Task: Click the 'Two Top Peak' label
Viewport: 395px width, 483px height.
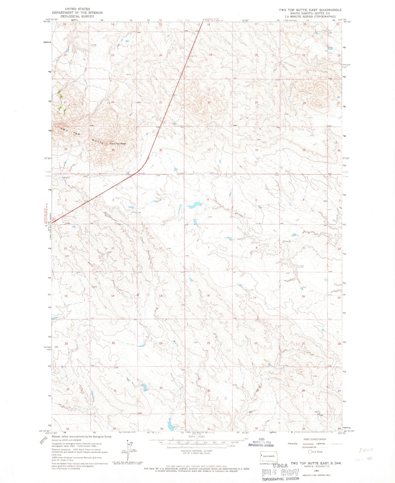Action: point(118,144)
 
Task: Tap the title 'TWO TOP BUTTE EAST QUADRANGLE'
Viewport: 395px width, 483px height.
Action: point(310,10)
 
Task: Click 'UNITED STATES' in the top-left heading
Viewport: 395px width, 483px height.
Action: point(77,9)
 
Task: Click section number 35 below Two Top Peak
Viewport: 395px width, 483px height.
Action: point(113,150)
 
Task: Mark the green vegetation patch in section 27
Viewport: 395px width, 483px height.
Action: point(61,103)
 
